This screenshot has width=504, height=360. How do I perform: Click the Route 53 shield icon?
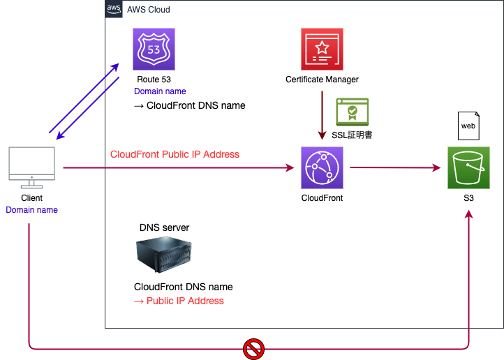pyautogui.click(x=154, y=50)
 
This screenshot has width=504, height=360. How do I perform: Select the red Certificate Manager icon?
pyautogui.click(x=322, y=50)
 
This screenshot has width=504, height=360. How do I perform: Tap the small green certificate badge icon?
pyautogui.click(x=352, y=112)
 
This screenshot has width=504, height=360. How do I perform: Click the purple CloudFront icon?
pyautogui.click(x=322, y=167)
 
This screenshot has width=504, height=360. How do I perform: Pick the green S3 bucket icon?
pyautogui.click(x=468, y=167)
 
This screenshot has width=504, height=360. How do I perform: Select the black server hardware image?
pyautogui.click(x=165, y=255)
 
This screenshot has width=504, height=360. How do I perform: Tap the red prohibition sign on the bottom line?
pyautogui.click(x=253, y=348)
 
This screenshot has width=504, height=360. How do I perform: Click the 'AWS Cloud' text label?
pyautogui.click(x=148, y=10)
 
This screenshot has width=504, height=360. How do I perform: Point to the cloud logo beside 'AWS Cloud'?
pyautogui.click(x=114, y=10)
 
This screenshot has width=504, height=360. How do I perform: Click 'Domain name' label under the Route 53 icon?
pyautogui.click(x=160, y=91)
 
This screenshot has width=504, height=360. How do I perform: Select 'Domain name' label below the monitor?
pyautogui.click(x=31, y=209)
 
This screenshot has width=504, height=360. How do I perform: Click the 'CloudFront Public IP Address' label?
pyautogui.click(x=175, y=154)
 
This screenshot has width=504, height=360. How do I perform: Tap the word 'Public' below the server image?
pyautogui.click(x=160, y=301)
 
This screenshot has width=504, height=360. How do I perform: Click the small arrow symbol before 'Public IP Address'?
pyautogui.click(x=138, y=301)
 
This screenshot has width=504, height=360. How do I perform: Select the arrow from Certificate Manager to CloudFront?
pyautogui.click(x=322, y=115)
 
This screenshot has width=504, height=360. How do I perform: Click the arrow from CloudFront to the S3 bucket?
pyautogui.click(x=394, y=167)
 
